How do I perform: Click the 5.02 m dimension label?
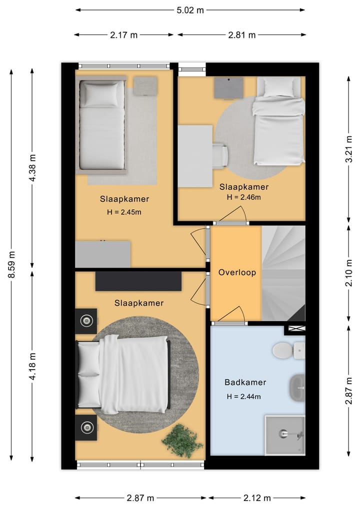[190, 10]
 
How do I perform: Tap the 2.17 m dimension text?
[123, 35]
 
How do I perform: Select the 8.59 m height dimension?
[11, 264]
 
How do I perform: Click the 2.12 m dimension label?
[257, 498]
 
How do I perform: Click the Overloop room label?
[237, 272]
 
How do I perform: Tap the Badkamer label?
[245, 382]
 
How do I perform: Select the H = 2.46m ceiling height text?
[243, 197]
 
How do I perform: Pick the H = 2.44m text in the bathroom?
[243, 396]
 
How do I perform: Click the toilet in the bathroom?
[288, 351]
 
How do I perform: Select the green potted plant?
[182, 441]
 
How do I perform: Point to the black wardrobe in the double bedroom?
[138, 281]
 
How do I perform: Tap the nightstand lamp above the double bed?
[86, 321]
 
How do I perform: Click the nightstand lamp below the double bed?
[86, 428]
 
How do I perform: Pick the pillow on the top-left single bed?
[101, 94]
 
